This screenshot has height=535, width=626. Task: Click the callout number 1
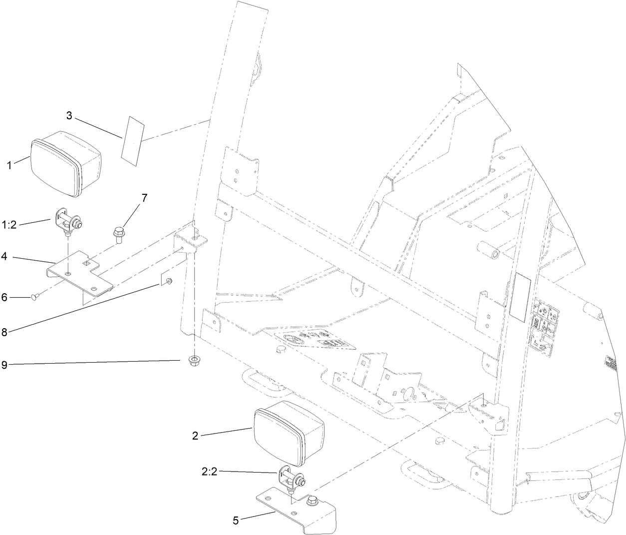tap(10, 165)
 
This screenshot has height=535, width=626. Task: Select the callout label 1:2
tap(9, 225)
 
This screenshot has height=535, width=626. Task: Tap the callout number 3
tap(69, 115)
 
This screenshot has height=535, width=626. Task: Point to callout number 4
tap(4, 257)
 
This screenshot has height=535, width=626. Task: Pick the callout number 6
tap(4, 297)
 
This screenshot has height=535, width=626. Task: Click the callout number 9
tap(4, 365)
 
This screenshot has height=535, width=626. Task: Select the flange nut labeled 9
tap(193, 361)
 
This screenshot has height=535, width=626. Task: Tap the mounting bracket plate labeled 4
tap(80, 272)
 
